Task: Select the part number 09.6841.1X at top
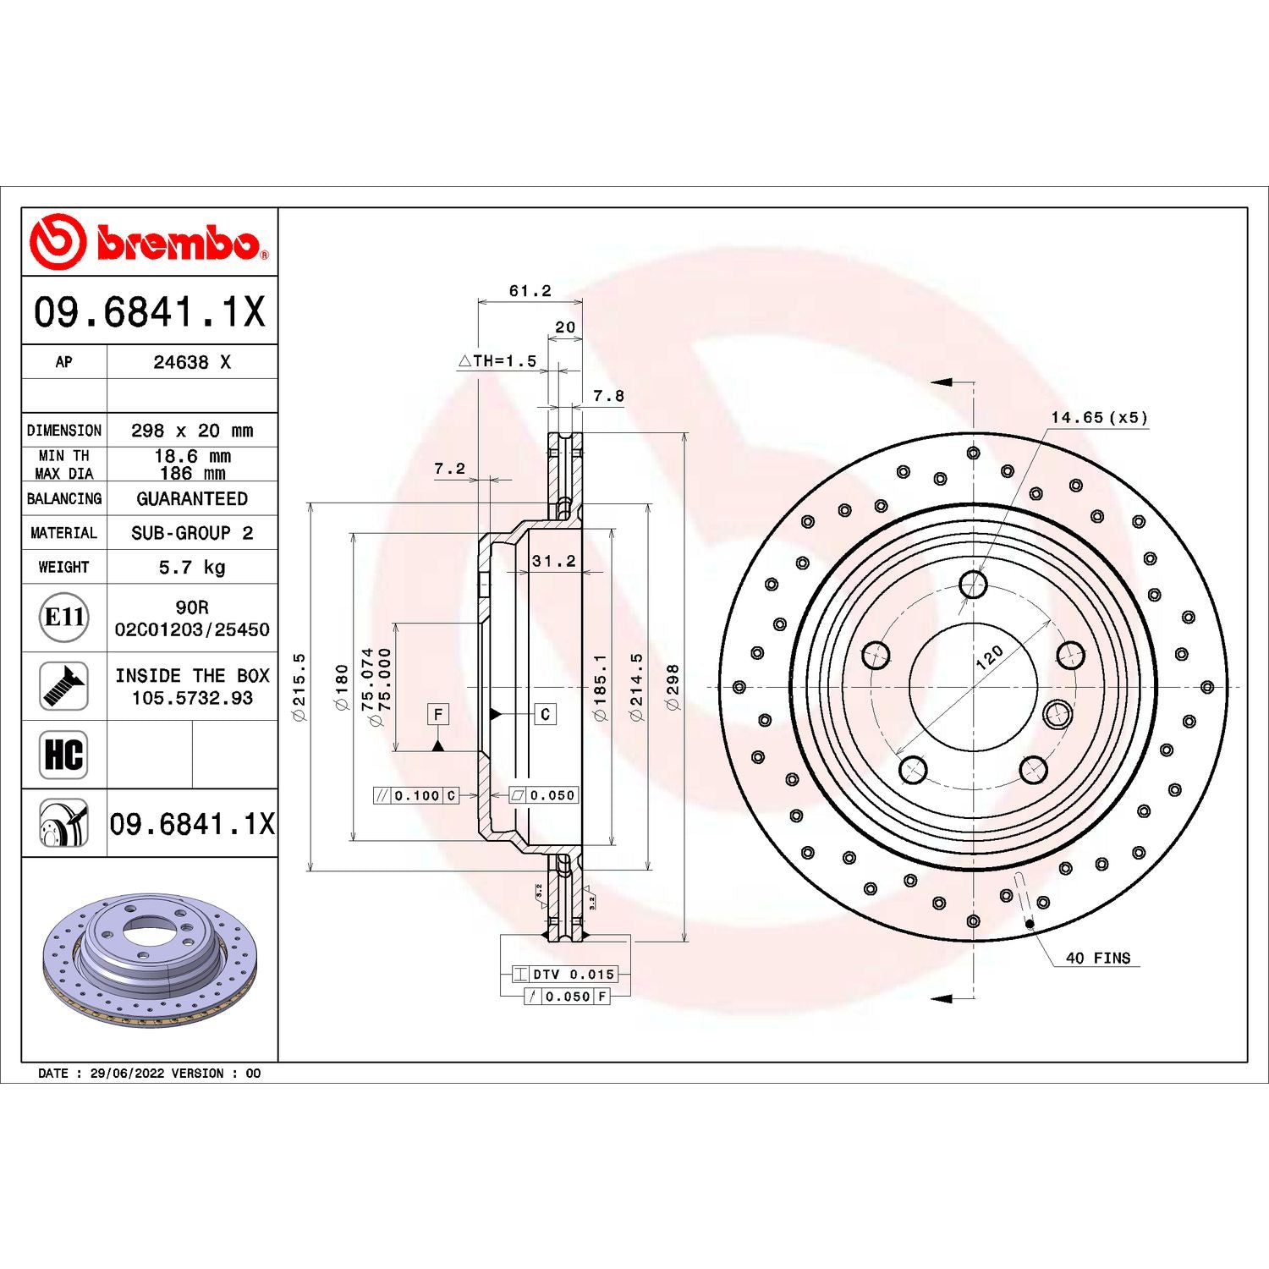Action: tap(150, 311)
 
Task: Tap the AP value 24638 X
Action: tap(192, 362)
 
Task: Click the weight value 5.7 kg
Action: tap(192, 567)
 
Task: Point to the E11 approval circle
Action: tap(64, 618)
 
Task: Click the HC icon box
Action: tap(64, 755)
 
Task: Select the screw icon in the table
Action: tap(64, 686)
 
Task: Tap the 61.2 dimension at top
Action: tap(530, 291)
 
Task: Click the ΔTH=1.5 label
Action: tap(497, 361)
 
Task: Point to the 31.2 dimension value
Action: tap(553, 561)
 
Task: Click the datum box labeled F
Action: tap(437, 714)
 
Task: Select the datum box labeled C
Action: tap(545, 714)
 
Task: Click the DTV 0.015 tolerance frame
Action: tap(564, 975)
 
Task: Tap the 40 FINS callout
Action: tap(1097, 958)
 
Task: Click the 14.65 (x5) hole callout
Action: tap(1099, 417)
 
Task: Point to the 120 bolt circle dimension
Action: tap(989, 657)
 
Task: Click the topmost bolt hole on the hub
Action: tap(973, 584)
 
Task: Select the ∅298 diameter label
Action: tap(673, 686)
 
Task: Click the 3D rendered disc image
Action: tap(149, 959)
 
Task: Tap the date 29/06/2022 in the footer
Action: tap(127, 1073)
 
